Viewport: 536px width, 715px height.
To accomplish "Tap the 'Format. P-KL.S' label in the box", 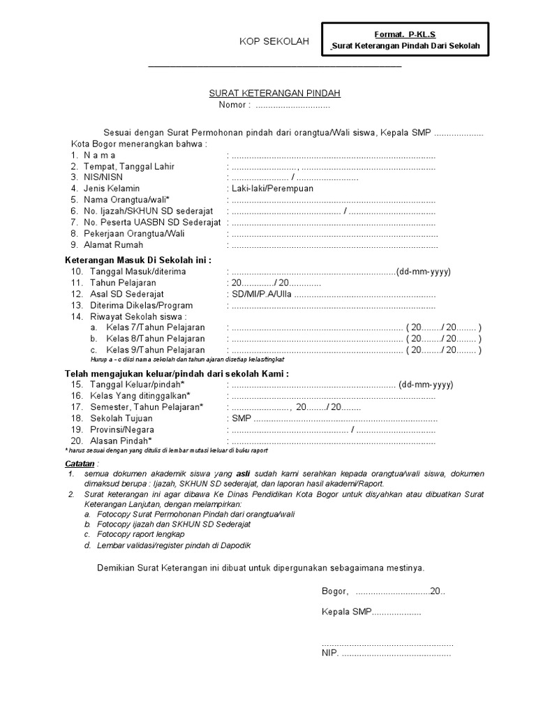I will [x=405, y=34].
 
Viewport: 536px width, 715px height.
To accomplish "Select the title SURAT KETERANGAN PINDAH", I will [x=276, y=93].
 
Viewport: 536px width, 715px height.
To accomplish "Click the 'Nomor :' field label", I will [x=234, y=105].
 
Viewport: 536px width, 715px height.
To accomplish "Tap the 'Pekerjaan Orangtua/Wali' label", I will [x=134, y=233].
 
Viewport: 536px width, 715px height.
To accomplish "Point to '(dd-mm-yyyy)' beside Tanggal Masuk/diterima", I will [x=424, y=271].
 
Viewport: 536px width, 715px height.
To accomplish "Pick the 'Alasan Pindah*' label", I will [x=120, y=441].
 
